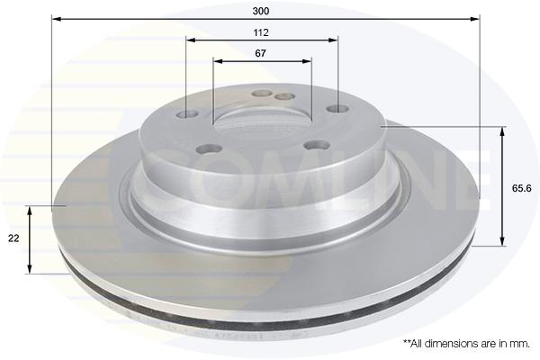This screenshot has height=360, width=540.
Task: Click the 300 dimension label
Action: tap(261, 11)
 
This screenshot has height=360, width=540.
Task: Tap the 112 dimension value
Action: tap(261, 32)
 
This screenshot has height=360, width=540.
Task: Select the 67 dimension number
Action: tap(261, 53)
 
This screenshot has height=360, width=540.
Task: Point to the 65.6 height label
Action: tap(522, 188)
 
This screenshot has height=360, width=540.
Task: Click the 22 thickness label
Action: tap(13, 238)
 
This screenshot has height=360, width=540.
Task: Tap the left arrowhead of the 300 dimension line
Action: tap(56, 19)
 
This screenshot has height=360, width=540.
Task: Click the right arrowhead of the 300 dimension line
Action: tap(475, 19)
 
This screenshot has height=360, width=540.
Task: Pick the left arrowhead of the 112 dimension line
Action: tap(191, 40)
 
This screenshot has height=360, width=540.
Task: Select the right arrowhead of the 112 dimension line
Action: tap(333, 40)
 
